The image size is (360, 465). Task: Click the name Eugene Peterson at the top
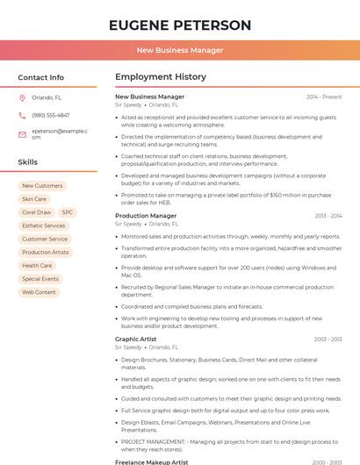click(180, 25)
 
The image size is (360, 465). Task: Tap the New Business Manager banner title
click(180, 50)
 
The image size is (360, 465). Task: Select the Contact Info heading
click(41, 77)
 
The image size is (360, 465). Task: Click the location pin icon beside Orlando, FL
click(22, 97)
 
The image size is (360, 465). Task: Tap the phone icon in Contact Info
click(22, 115)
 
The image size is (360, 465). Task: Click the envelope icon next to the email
click(22, 133)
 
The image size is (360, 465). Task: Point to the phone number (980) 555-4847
click(51, 115)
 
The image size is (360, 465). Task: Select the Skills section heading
click(28, 162)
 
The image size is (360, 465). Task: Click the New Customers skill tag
click(42, 186)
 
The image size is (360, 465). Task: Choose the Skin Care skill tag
click(34, 199)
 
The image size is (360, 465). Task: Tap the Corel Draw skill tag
click(37, 212)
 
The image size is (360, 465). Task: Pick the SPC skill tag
click(68, 212)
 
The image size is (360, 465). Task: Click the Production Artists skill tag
click(46, 252)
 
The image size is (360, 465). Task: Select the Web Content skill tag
click(40, 292)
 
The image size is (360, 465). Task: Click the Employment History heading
click(161, 77)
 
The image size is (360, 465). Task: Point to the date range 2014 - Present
click(324, 97)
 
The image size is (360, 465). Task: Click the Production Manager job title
click(146, 216)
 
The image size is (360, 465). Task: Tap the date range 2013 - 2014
click(328, 216)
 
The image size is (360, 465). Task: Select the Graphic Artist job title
click(136, 339)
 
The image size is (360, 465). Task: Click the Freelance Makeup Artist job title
click(152, 461)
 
